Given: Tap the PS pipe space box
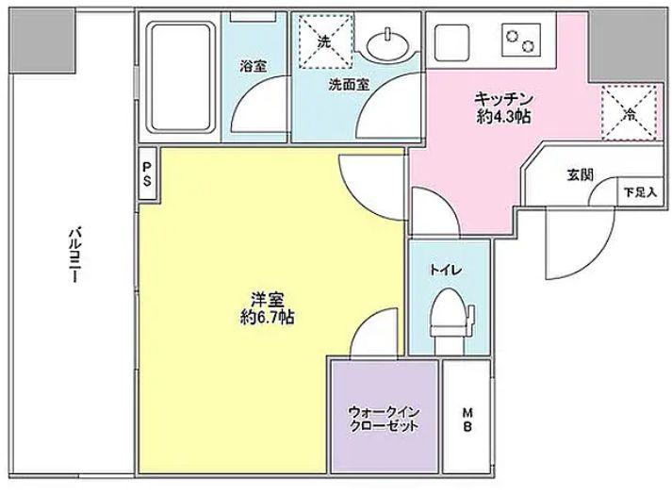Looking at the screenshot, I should (x=147, y=175).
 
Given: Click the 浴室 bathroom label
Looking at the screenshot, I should (x=252, y=67).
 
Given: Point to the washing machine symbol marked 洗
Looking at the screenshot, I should (x=323, y=41).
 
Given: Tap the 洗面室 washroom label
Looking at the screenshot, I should (x=349, y=83).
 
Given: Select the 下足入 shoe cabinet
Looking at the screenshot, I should (x=639, y=191).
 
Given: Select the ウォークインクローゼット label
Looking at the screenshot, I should (x=384, y=417).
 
